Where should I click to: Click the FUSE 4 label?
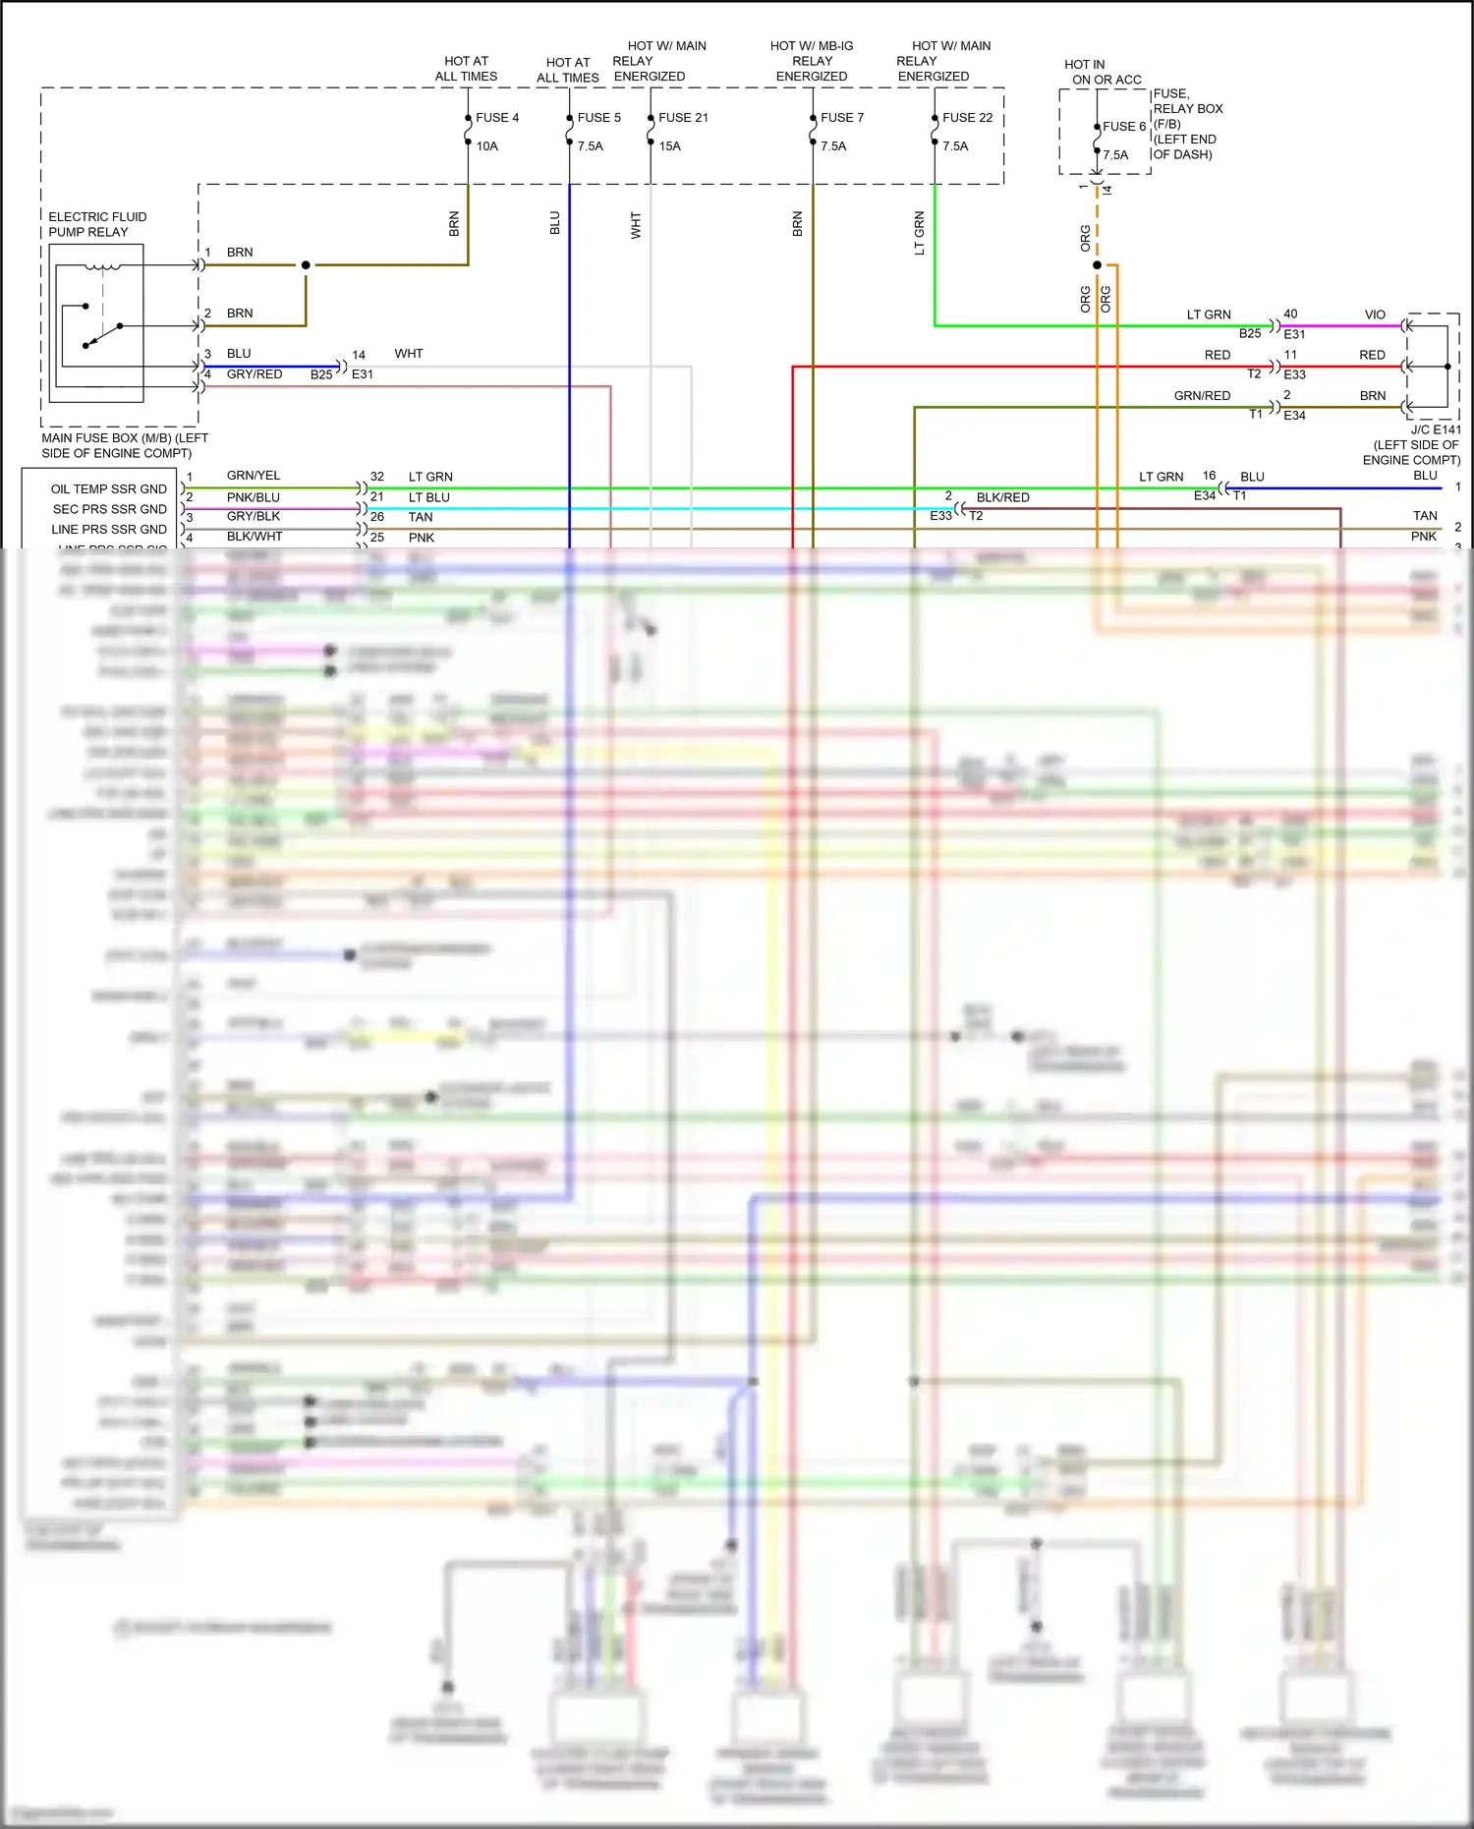pos(497,118)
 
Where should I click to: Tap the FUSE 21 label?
pos(683,118)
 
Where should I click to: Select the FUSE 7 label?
pos(842,118)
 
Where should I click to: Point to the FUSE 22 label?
pos(967,118)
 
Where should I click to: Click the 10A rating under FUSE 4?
pos(487,146)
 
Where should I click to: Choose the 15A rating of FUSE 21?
pos(669,146)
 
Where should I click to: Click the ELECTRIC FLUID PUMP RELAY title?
pos(97,224)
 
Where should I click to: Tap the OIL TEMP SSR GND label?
pos(109,489)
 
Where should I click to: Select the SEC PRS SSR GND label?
pos(110,509)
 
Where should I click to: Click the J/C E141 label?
pos(1436,429)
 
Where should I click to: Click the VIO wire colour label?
pos(1375,315)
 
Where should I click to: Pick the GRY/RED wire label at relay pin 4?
pos(255,374)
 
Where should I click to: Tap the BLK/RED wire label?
pos(1002,497)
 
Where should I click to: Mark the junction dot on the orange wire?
pos(1097,265)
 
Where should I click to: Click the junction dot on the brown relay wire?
pos(306,265)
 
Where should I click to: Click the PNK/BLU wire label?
pos(254,497)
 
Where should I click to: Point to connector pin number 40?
pos(1290,314)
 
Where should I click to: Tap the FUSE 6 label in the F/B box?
pos(1124,127)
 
